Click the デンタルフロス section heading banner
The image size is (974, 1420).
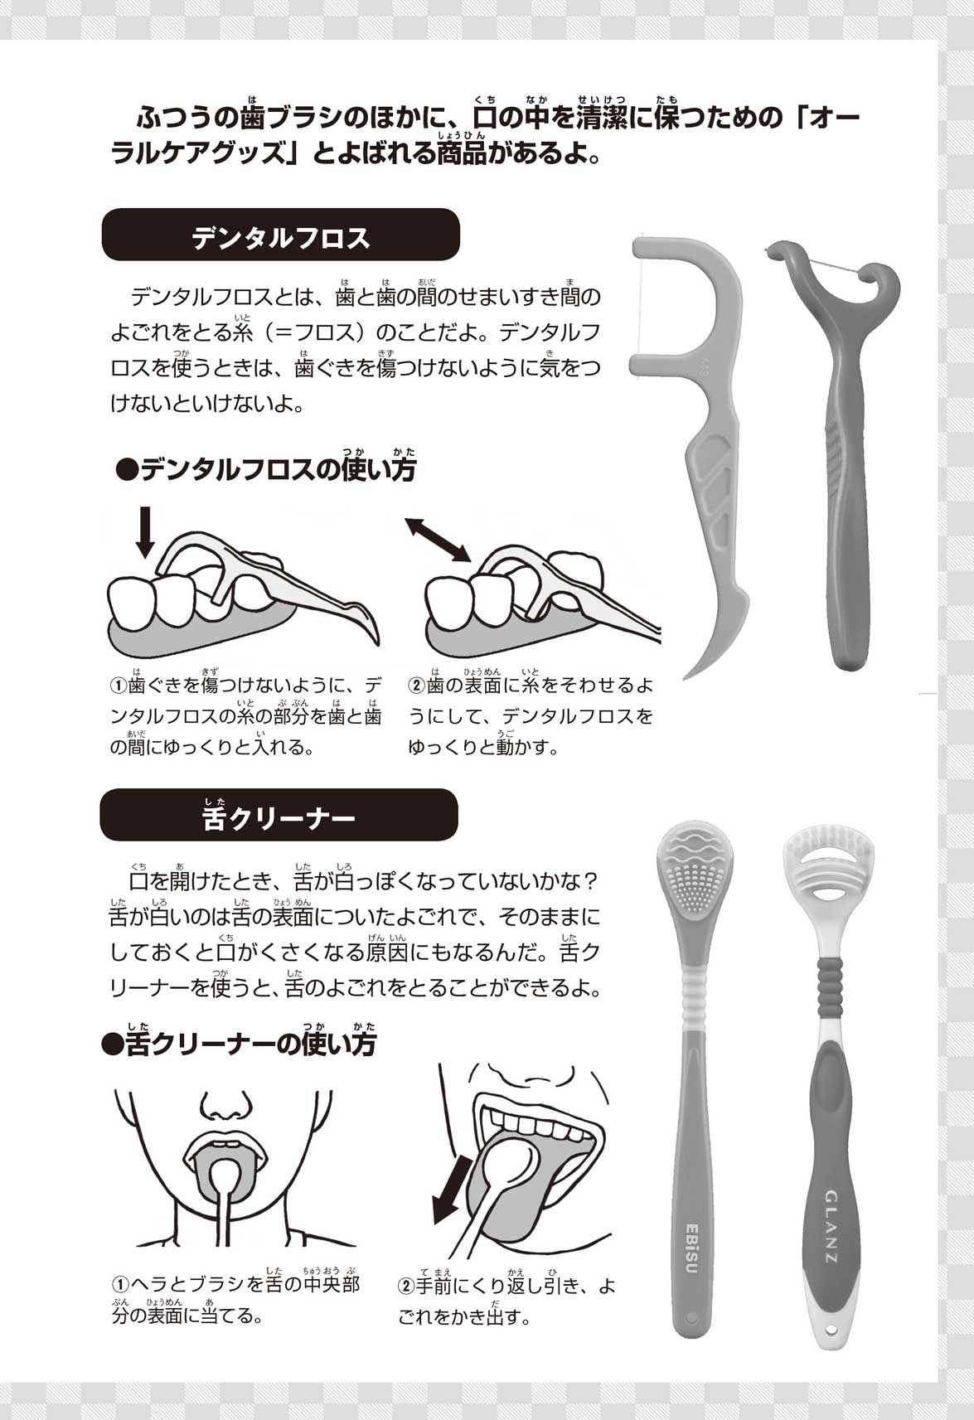coord(280,235)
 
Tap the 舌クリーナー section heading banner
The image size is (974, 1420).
coord(279,815)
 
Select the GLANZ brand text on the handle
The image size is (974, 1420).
coord(831,1228)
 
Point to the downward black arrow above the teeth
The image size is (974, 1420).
coord(145,532)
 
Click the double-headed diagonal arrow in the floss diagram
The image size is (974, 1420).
coord(439,540)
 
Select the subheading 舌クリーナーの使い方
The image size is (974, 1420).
coord(240,1044)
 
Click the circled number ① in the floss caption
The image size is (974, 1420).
coord(119,686)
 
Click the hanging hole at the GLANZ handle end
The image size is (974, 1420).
coord(831,1327)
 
